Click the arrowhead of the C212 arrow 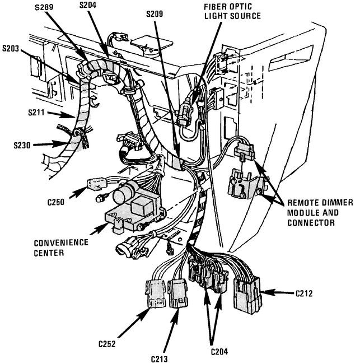tap(264, 292)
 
